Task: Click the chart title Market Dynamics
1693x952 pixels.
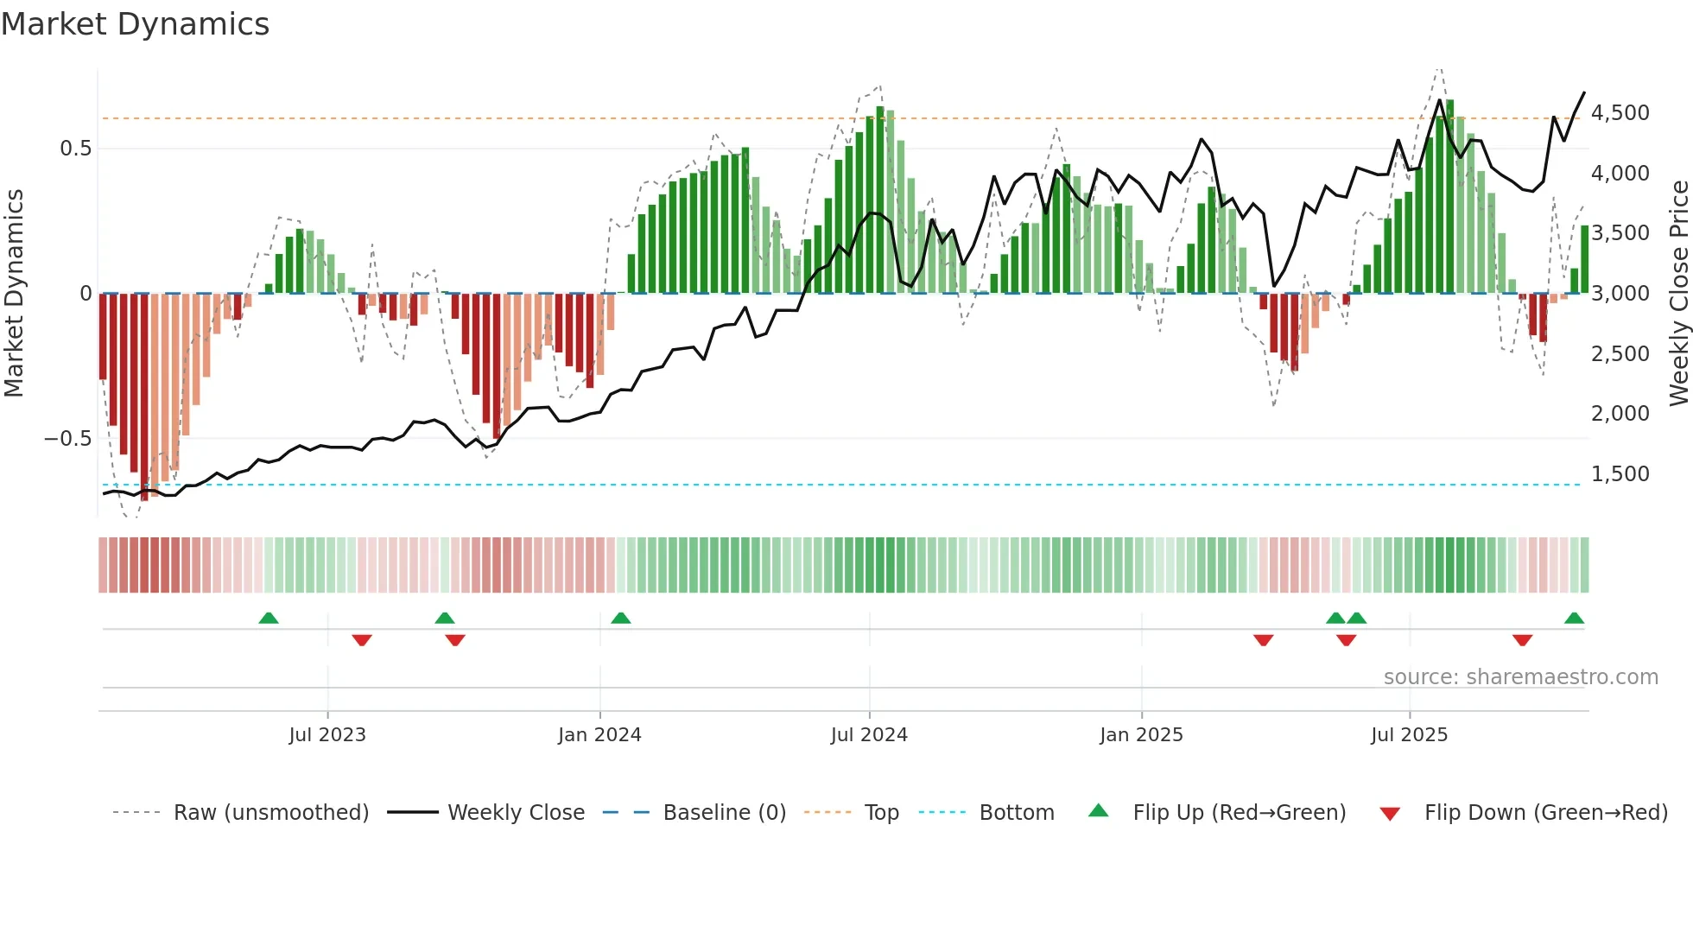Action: [135, 24]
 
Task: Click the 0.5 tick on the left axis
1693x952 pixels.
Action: [75, 149]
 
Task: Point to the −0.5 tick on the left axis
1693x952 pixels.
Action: [67, 439]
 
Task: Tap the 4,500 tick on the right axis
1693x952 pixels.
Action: [1620, 113]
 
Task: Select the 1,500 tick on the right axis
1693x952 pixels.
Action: [1620, 474]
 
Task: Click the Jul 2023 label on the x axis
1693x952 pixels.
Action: [327, 735]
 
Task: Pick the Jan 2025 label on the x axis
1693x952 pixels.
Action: [1141, 735]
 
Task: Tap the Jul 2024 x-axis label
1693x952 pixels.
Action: [869, 735]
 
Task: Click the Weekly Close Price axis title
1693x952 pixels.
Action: [1678, 293]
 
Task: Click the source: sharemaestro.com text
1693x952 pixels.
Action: [1520, 677]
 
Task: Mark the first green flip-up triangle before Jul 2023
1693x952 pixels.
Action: [269, 618]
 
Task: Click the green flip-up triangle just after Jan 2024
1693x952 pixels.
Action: [620, 618]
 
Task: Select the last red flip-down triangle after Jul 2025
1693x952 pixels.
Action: [1522, 640]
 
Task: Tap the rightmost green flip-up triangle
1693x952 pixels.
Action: [1574, 618]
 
